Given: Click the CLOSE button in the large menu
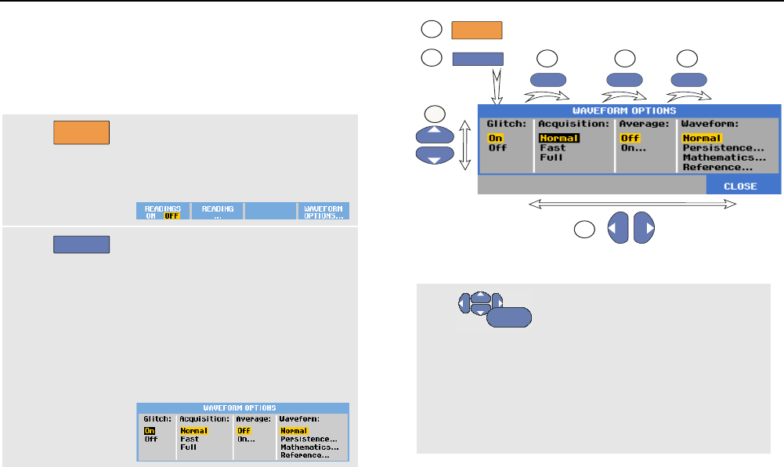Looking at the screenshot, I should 740,186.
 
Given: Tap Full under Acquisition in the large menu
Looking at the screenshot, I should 551,157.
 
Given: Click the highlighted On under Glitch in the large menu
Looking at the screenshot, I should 495,138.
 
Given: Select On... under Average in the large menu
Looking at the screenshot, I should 633,148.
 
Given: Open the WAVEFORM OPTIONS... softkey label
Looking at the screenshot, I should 323,212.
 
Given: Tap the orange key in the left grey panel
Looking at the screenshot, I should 81,132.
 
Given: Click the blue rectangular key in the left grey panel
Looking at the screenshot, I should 81,244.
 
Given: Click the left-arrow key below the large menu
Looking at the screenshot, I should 618,226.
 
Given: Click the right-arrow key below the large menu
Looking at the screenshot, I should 644,226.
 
